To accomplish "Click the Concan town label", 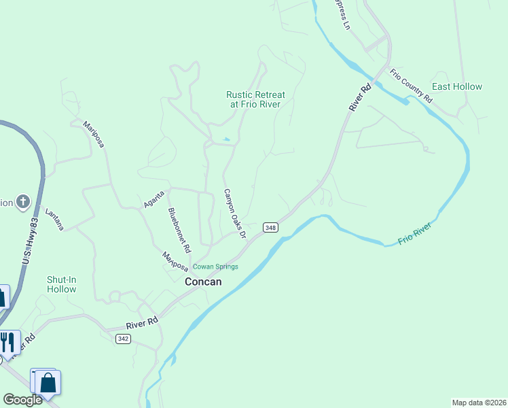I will [203, 282].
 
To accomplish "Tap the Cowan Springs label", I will [215, 267].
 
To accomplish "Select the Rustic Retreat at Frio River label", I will [255, 99].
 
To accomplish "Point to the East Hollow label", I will [457, 86].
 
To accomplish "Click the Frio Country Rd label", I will [410, 85].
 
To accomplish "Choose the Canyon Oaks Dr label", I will [234, 214].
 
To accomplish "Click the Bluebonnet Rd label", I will [179, 227].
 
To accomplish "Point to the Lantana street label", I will [54, 220].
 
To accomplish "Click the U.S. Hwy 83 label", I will [29, 241].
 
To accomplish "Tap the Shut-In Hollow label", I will [62, 284].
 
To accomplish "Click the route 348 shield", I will [270, 228].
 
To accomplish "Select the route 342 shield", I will [122, 339].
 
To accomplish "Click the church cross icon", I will [23, 201].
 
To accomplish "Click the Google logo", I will [22, 400].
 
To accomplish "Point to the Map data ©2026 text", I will [479, 403].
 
